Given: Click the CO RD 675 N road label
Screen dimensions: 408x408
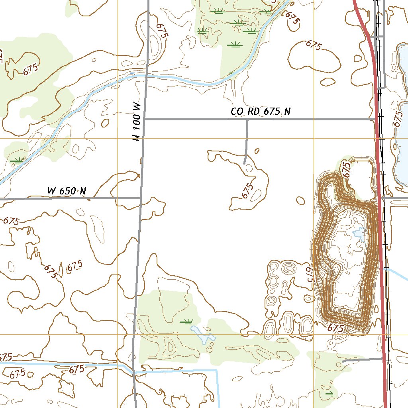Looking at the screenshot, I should click(x=261, y=112).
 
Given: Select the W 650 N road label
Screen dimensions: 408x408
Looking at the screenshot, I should click(x=67, y=191).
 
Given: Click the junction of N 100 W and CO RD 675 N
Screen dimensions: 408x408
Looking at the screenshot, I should click(x=144, y=119).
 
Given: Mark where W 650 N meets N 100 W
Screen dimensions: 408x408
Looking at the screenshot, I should click(x=141, y=198).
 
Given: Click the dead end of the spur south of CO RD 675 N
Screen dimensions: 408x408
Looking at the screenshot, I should click(x=244, y=163).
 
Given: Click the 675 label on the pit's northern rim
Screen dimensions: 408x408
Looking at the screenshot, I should click(x=347, y=170).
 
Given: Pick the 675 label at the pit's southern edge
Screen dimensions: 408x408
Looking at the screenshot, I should click(x=335, y=328).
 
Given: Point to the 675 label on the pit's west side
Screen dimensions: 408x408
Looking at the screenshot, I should click(x=310, y=275).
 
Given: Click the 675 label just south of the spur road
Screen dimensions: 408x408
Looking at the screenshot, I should click(x=247, y=191).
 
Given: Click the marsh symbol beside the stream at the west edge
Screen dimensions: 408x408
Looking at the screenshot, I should click(x=17, y=161).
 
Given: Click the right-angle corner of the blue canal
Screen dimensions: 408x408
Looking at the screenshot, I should click(x=217, y=371).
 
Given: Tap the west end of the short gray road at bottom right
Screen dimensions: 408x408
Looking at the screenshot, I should click(x=343, y=361).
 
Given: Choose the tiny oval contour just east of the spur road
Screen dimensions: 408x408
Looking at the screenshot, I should click(x=257, y=151).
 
